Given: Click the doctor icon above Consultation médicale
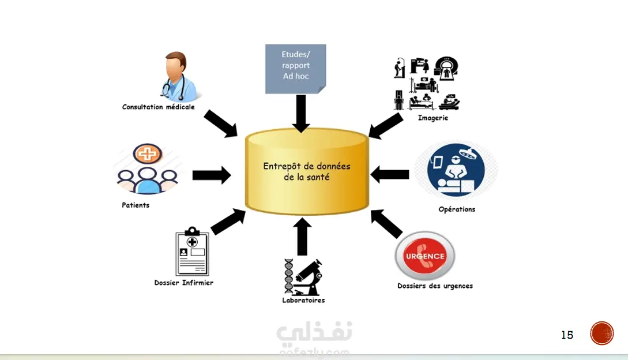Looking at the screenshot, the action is tap(179, 76).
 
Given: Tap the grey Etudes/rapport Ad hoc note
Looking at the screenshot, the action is tap(296, 69).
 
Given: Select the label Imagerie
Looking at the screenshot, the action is tap(433, 118).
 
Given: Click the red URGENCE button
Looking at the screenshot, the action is tap(425, 256).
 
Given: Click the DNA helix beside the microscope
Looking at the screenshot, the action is tap(289, 276).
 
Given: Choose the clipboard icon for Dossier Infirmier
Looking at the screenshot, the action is tap(192, 251).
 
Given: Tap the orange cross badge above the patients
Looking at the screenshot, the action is tap(148, 153).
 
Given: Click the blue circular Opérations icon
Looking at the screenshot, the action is tap(456, 170).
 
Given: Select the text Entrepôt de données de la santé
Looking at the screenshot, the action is tap(307, 171).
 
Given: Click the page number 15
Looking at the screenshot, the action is tap(567, 335).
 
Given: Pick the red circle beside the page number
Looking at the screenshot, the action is tap(601, 333).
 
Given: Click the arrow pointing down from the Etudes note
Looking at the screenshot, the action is tap(301, 114).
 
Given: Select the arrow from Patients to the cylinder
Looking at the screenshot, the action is tap(212, 175).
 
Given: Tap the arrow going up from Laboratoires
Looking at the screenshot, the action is tap(302, 236).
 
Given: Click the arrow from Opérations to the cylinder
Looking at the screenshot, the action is tap(390, 175).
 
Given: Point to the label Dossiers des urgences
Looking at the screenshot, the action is tap(435, 286).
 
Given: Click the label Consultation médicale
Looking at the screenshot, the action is tap(158, 107).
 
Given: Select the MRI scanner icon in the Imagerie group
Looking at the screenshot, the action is tap(446, 67).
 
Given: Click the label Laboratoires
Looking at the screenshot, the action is tap(303, 300).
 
